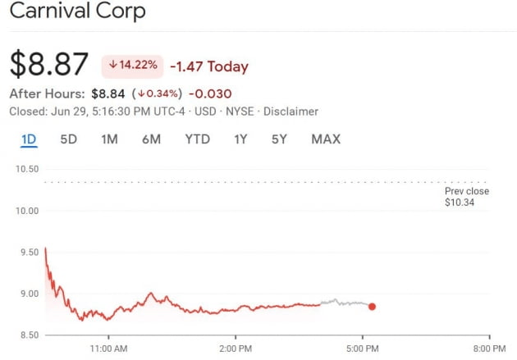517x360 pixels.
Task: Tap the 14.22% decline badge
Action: [131, 66]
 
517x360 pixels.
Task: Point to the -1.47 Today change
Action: [208, 66]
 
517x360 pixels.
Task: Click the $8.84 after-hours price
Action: [108, 93]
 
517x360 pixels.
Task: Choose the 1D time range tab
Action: [29, 139]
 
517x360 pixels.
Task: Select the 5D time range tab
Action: [69, 139]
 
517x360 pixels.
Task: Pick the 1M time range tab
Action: [109, 139]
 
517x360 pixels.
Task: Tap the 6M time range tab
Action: [151, 139]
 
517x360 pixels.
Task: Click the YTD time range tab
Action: [197, 139]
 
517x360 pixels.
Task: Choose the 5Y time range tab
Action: [279, 139]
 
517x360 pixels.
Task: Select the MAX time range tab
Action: [326, 139]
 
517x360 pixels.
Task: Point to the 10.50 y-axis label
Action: [26, 169]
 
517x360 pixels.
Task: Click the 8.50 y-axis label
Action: [26, 335]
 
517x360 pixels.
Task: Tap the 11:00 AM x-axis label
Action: [108, 349]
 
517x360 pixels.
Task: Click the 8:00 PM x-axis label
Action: [489, 349]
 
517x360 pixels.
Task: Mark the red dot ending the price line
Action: [372, 307]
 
